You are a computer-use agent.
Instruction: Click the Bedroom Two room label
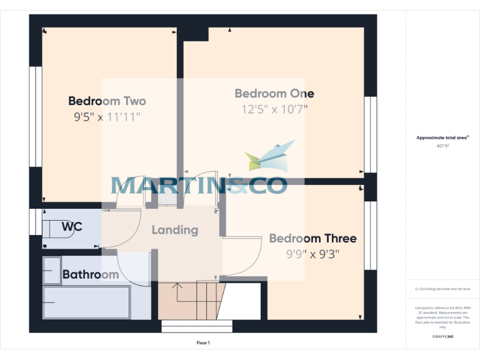[107, 101]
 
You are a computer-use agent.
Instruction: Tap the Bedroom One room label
[274, 94]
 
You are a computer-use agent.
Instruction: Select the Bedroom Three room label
[312, 239]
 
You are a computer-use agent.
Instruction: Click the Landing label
[175, 230]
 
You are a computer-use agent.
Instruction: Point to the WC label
[72, 227]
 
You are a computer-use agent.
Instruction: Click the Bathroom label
[91, 275]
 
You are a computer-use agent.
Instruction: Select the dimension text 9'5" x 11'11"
[107, 117]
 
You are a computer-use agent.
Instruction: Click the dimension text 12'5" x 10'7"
[274, 109]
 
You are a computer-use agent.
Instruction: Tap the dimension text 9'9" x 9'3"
[312, 254]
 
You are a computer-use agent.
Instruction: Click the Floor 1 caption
[203, 343]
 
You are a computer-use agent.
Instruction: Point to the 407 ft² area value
[442, 146]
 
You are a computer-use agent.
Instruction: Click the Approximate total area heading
[442, 137]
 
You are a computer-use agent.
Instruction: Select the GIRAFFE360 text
[442, 336]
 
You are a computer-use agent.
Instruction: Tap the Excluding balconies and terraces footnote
[442, 289]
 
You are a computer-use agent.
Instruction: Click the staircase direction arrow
[177, 289]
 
